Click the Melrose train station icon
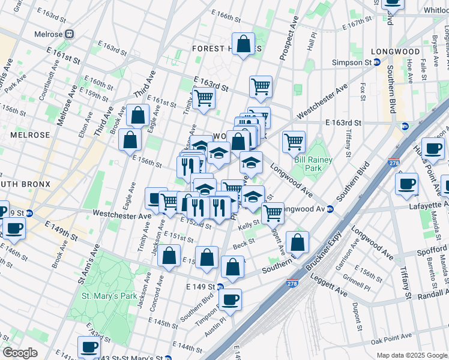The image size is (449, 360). coord(70,34)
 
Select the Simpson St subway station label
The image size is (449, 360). coord(353,62)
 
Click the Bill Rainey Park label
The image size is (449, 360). coord(308,164)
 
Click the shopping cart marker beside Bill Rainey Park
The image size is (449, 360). coord(294,142)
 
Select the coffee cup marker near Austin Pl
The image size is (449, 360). coord(229,299)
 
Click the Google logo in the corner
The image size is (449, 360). coord(20,353)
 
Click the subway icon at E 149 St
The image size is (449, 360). coord(220,286)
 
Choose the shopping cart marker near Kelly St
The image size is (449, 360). coord(273,212)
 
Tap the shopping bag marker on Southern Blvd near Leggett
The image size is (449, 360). coord(297,242)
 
